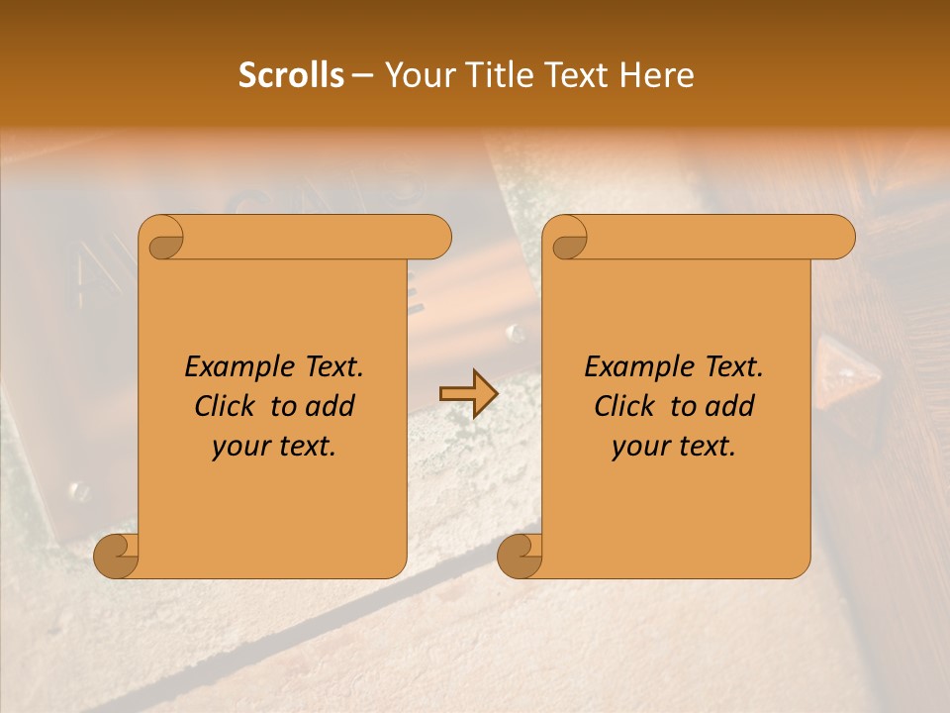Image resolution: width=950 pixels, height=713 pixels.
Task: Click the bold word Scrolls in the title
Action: [291, 75]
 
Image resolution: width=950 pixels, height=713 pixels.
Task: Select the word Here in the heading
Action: [658, 75]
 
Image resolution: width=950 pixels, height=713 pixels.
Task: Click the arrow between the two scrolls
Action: [468, 393]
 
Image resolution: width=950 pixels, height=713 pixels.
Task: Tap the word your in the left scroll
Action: [238, 447]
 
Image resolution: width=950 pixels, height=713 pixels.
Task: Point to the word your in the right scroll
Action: [638, 447]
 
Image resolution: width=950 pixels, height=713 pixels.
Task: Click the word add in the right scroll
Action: [730, 406]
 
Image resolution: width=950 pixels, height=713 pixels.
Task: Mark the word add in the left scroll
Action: [331, 406]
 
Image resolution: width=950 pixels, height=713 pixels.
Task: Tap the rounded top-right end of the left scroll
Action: [435, 238]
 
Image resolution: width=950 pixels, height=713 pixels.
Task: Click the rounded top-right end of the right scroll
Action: [839, 238]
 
